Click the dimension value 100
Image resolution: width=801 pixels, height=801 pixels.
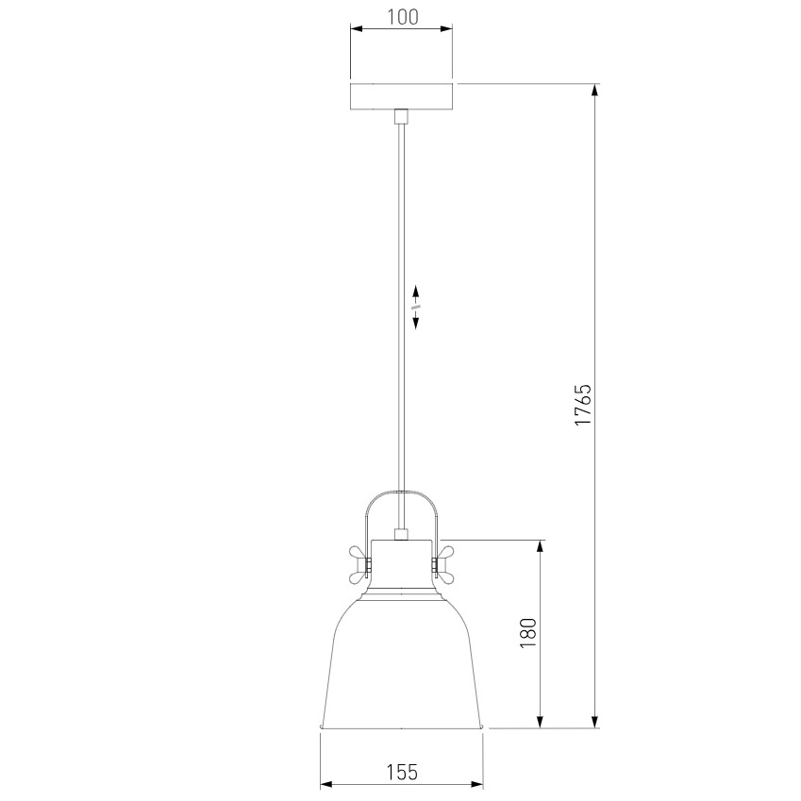pos(402,17)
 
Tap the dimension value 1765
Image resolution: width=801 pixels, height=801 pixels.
pos(582,405)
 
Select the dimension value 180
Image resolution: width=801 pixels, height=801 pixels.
pos(528,633)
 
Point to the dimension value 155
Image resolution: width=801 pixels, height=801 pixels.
pos(402,772)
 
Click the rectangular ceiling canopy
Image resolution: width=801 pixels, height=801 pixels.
pos(402,96)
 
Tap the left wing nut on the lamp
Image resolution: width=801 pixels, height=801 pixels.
pos(359,565)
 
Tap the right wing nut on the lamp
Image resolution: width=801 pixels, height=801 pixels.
pos(442,565)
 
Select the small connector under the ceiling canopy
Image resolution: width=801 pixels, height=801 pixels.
pos(402,116)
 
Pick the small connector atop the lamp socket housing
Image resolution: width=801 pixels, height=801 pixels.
pos(402,534)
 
